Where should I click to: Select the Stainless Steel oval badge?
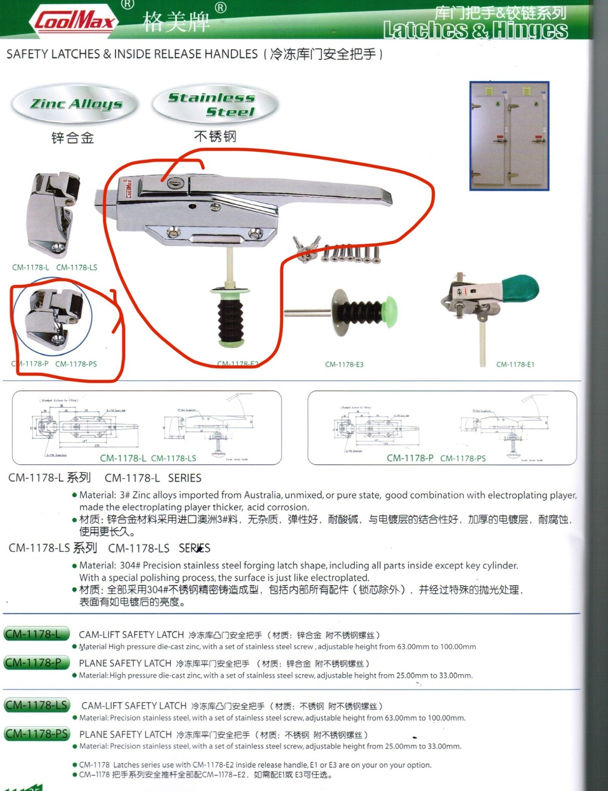coord(215,104)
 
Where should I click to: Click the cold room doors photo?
coord(509,136)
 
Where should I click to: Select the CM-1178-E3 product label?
coord(344,364)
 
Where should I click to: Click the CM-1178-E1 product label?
coord(515,364)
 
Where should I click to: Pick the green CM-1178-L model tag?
coord(36,634)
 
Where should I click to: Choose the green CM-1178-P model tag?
coord(36,663)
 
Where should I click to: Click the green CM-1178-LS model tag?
coord(37,705)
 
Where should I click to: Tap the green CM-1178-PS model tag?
coord(37,733)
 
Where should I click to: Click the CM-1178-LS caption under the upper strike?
coord(77,267)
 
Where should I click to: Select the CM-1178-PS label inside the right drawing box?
coord(463,458)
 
